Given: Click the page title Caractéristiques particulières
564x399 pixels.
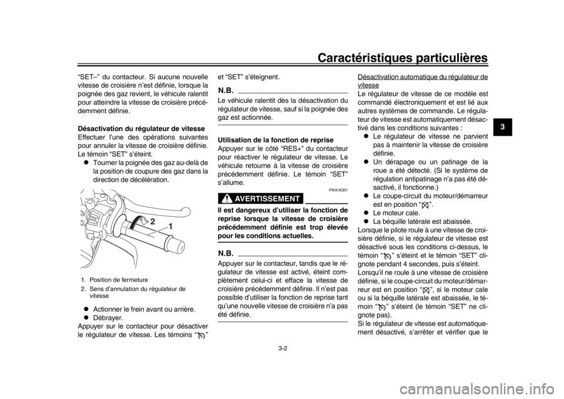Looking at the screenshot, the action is tap(403, 58).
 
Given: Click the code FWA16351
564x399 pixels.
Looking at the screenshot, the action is tap(339, 190).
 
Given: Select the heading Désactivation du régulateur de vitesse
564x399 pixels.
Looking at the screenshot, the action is tap(142, 129).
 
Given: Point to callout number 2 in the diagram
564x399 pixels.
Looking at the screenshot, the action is tap(153, 222).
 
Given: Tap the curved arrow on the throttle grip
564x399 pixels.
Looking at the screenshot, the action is tap(138, 220).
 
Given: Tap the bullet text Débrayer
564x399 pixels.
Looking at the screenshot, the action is tap(108, 318).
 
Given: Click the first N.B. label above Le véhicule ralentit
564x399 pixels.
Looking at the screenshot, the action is tap(226, 89).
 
